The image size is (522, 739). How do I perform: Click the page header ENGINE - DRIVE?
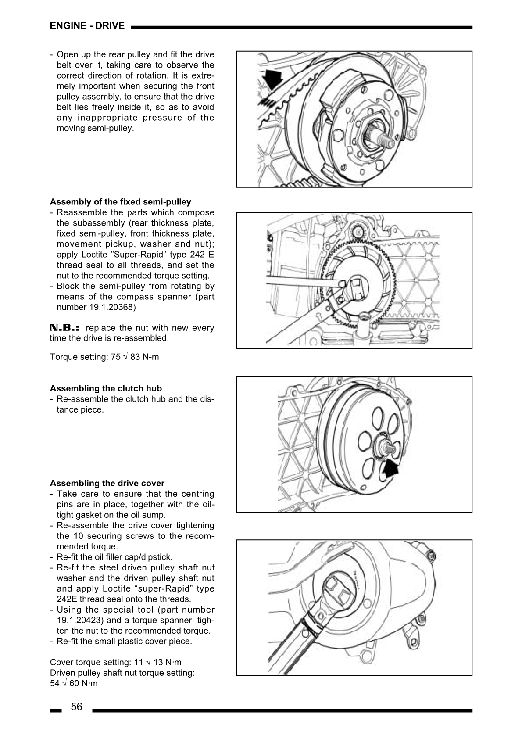pyautogui.click(x=87, y=26)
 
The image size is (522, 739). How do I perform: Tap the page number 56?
pyautogui.click(x=76, y=707)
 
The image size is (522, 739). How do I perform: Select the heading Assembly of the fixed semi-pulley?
pyautogui.click(x=121, y=202)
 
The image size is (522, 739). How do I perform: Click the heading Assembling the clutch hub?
pyautogui.click(x=106, y=388)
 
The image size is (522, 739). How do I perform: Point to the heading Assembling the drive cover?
pyautogui.click(x=107, y=483)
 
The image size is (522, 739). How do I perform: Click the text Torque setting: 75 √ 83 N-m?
pyautogui.click(x=104, y=357)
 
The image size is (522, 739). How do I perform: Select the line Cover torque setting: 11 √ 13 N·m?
pyautogui.click(x=115, y=662)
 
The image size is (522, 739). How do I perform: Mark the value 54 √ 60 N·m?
pyautogui.click(x=74, y=683)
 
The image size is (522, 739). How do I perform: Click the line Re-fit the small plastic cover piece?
pyautogui.click(x=124, y=641)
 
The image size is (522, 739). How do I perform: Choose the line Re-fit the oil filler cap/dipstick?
pyautogui.click(x=114, y=557)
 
